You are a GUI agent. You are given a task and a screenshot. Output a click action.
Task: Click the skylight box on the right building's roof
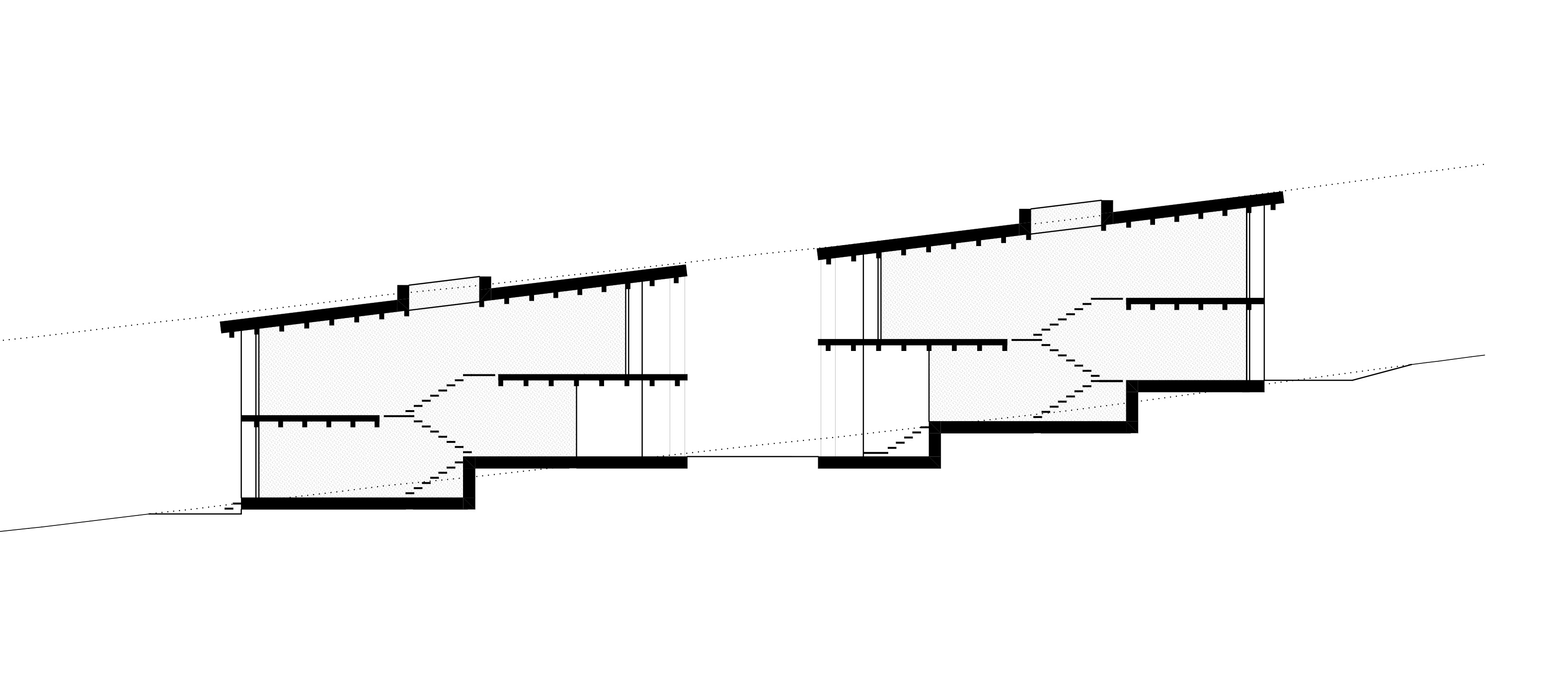(x=1065, y=217)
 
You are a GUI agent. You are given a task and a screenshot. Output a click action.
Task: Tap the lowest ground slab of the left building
(x=354, y=504)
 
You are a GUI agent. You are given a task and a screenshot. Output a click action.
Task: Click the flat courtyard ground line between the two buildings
(x=752, y=457)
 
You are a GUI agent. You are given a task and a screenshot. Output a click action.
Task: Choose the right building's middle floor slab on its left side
(x=912, y=343)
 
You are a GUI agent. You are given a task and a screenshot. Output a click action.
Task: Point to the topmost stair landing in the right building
(x=1106, y=298)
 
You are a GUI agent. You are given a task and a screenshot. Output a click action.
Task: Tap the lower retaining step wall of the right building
(x=934, y=444)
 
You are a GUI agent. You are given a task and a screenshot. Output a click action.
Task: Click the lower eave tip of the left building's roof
(x=226, y=327)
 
